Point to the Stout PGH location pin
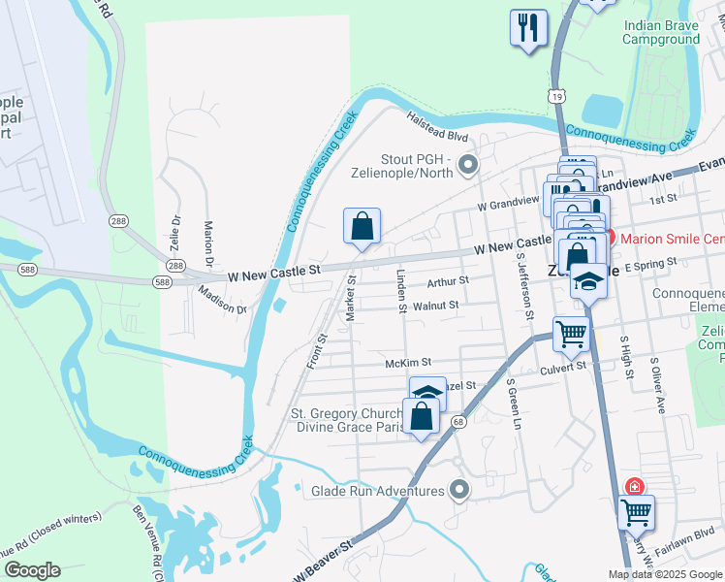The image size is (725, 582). point(468,166)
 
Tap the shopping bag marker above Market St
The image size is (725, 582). point(362,227)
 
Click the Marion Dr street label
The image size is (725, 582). point(208,243)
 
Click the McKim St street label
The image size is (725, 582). point(407,363)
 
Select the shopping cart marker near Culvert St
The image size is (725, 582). point(572,335)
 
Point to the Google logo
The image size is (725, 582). point(32,570)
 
